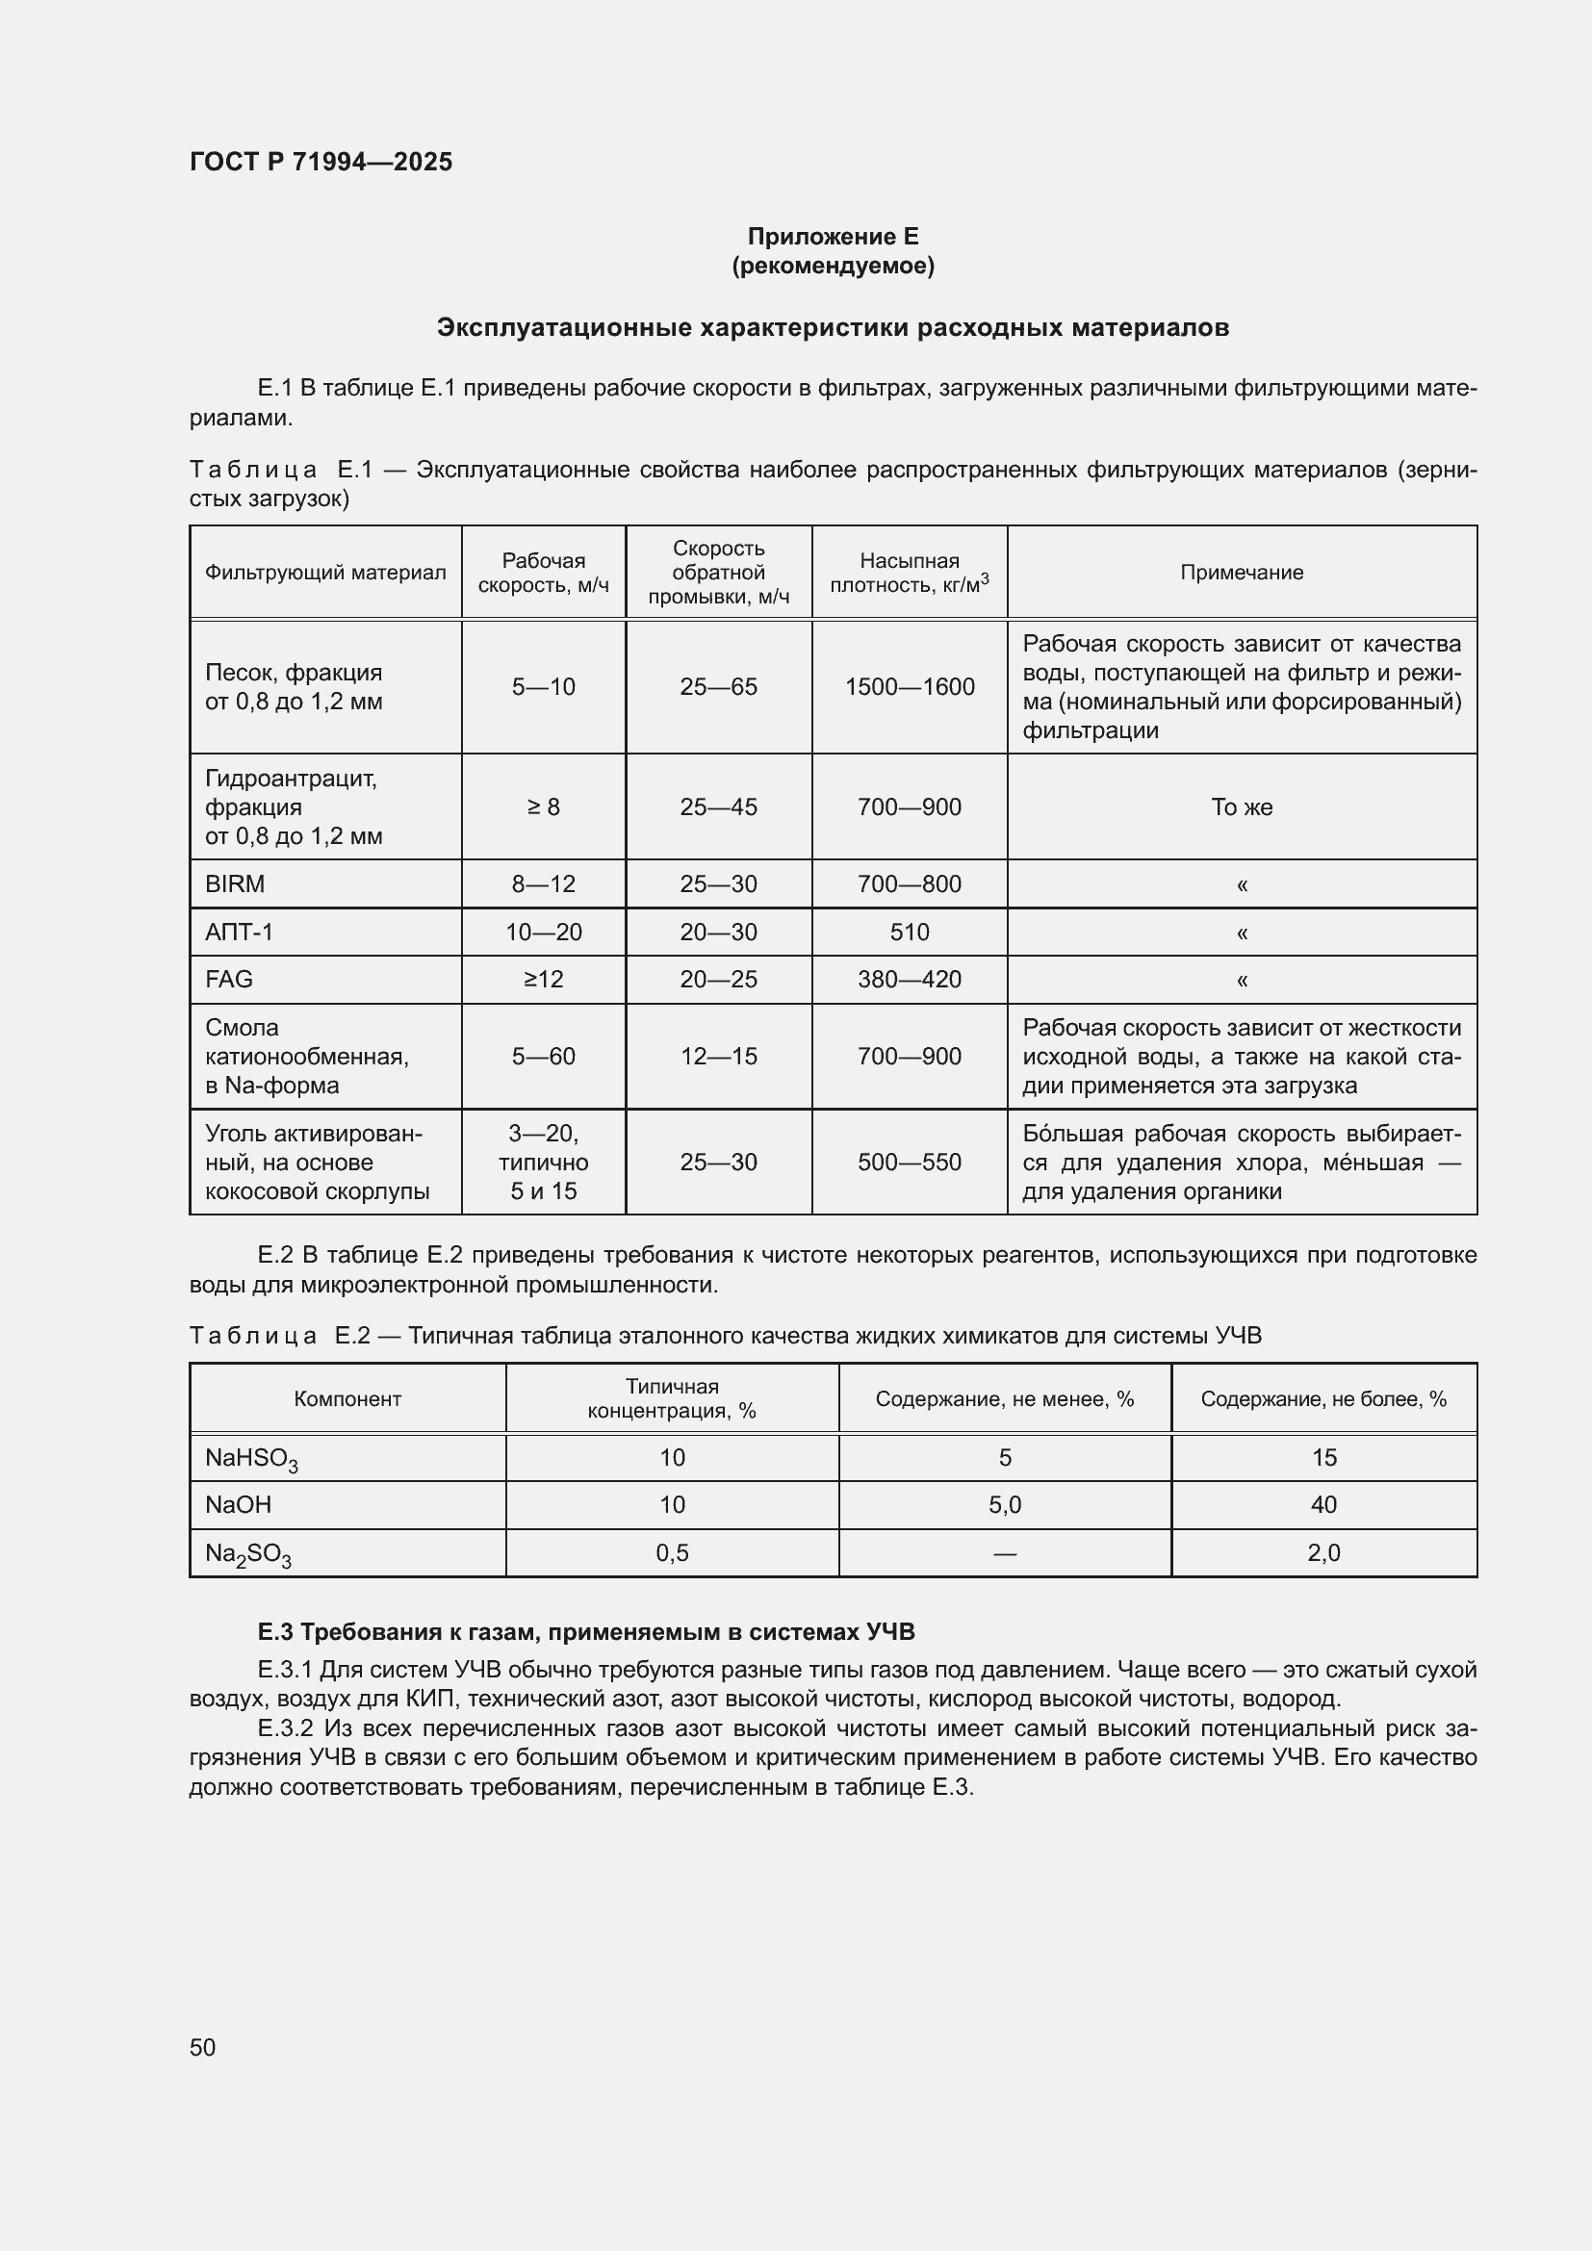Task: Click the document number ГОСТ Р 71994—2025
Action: pyautogui.click(x=321, y=162)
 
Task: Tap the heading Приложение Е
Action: pyautogui.click(x=833, y=237)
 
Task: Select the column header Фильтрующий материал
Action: pyautogui.click(x=324, y=573)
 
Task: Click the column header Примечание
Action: pyautogui.click(x=1241, y=573)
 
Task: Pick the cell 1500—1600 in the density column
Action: pyautogui.click(x=909, y=686)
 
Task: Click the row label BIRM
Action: pyautogui.click(x=235, y=883)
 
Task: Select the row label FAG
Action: pyautogui.click(x=228, y=979)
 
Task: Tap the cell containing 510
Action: pyautogui.click(x=909, y=932)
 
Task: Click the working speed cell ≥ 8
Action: pyautogui.click(x=543, y=806)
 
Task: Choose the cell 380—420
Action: pyautogui.click(x=909, y=979)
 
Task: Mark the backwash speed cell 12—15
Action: pyautogui.click(x=719, y=1056)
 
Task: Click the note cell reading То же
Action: pyautogui.click(x=1241, y=806)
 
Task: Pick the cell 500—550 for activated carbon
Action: pyautogui.click(x=909, y=1162)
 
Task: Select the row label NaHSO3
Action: pyautogui.click(x=251, y=1459)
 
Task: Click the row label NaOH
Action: pyautogui.click(x=238, y=1504)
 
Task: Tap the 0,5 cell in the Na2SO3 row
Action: pyautogui.click(x=672, y=1552)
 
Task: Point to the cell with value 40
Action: pyautogui.click(x=1323, y=1504)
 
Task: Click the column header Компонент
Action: pyautogui.click(x=347, y=1399)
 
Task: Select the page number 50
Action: pyautogui.click(x=203, y=2047)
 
